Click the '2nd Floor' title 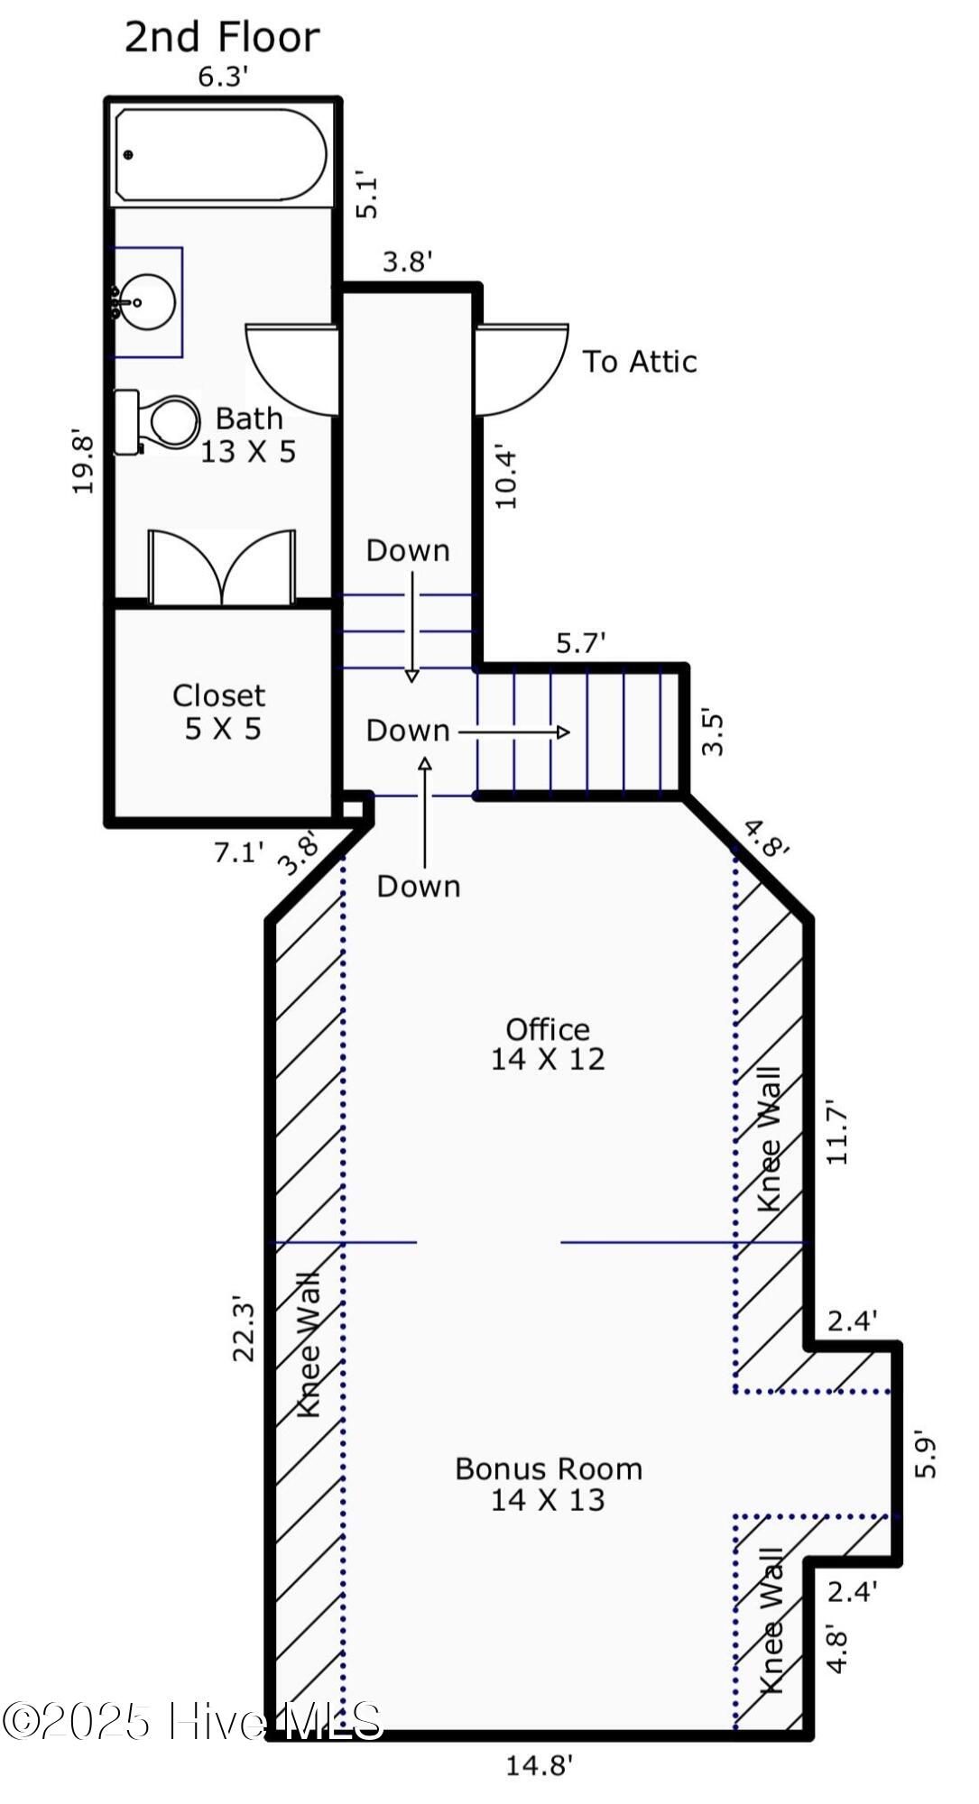222,37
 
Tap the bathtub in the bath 221,155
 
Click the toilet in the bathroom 157,421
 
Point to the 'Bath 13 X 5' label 248,435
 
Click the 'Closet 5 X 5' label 220,712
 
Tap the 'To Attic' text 640,362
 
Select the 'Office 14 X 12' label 548,1044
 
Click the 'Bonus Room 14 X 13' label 549,1484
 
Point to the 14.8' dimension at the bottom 539,1765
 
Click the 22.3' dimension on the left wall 245,1330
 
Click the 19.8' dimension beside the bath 84,461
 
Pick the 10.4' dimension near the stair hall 506,478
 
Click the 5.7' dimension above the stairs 580,643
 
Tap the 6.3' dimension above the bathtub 223,77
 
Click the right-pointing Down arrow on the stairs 514,732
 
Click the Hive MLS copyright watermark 192,1721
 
